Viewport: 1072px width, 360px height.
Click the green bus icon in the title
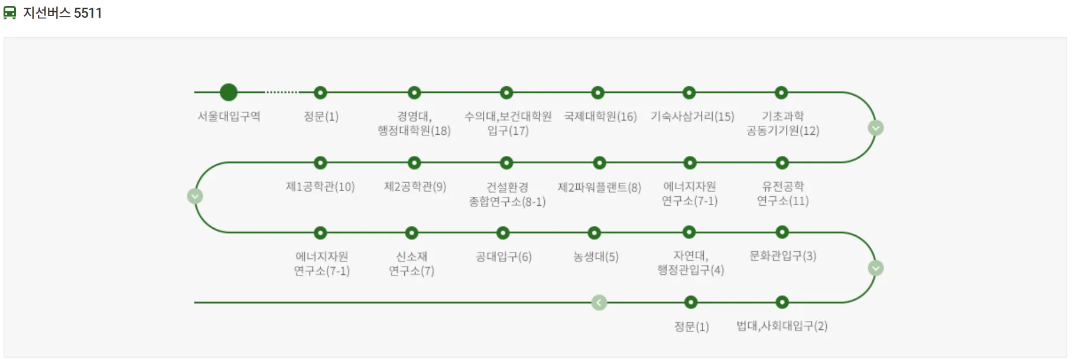pos(10,12)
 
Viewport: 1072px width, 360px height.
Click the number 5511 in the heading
pos(88,13)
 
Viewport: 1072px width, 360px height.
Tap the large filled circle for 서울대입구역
pos(229,92)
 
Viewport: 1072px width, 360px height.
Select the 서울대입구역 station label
pos(229,116)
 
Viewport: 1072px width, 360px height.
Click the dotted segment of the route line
pos(282,92)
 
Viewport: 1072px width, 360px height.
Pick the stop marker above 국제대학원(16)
pos(598,93)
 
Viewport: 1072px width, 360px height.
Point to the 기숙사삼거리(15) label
pos(692,116)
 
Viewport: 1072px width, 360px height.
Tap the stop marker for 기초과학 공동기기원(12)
pos(781,93)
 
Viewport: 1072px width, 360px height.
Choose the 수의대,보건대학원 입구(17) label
pos(508,124)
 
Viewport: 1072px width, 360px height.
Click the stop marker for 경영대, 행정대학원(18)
pos(414,93)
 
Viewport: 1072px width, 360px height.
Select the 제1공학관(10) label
pos(320,187)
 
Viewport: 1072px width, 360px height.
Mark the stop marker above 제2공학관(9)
pos(414,163)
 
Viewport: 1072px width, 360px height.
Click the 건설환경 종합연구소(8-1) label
pos(507,194)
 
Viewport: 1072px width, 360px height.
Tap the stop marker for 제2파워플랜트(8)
pos(599,163)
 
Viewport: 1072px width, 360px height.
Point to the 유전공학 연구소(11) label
pos(782,194)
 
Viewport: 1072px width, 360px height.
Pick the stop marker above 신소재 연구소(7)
pos(412,233)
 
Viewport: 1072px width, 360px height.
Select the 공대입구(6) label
pos(503,257)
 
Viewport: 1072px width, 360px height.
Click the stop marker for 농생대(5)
pos(595,233)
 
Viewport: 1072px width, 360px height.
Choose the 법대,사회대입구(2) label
pos(781,326)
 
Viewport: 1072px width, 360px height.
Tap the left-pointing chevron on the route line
pos(599,303)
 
